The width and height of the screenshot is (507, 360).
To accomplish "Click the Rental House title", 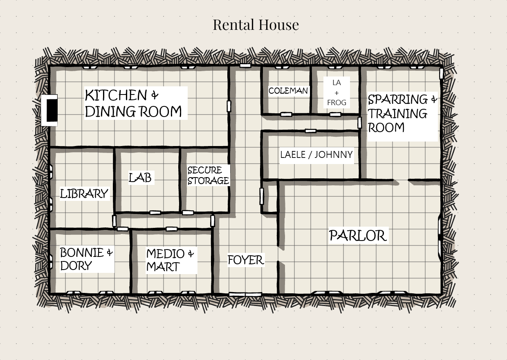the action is [256, 25].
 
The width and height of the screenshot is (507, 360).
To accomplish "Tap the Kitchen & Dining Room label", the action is [133, 103].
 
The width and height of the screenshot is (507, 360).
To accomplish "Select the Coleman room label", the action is [288, 91].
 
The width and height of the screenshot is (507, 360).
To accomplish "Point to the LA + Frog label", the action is [337, 92].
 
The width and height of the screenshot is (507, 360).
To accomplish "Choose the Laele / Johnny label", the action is [316, 155].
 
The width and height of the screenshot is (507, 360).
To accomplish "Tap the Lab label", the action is [140, 178].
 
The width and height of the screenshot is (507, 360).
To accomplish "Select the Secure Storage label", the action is [208, 175].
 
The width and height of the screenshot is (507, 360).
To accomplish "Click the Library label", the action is [84, 193].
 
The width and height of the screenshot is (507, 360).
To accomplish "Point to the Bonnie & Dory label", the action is [86, 259].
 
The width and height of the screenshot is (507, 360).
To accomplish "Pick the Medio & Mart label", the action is [170, 260].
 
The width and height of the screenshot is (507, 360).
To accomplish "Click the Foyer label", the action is [246, 260].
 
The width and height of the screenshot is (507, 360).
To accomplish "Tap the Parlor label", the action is [358, 235].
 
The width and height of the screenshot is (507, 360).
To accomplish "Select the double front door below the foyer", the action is [245, 294].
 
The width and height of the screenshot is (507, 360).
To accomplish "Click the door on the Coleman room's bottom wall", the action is [286, 115].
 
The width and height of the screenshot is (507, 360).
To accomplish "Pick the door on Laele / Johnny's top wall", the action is [311, 131].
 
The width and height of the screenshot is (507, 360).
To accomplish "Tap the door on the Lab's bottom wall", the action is [155, 213].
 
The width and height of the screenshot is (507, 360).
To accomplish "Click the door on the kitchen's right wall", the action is [229, 106].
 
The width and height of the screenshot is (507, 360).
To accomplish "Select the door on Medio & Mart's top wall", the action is [172, 229].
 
